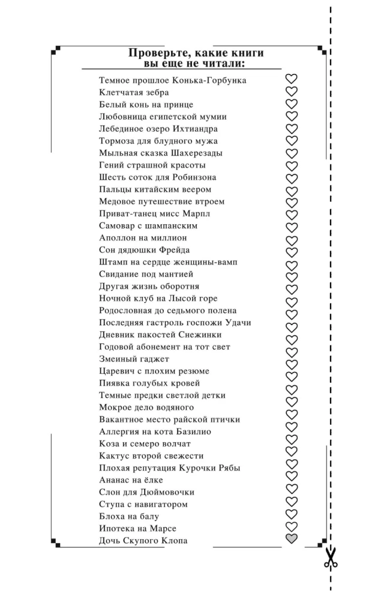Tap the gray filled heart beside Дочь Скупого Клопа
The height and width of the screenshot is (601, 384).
coord(292,539)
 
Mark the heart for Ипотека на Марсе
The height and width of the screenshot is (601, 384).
coord(292,527)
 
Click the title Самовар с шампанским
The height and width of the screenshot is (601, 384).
coord(148,226)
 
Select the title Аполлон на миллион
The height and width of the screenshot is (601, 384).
coord(143,238)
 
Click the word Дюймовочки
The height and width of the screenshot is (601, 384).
coord(166,492)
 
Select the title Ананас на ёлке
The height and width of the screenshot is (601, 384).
coord(131,480)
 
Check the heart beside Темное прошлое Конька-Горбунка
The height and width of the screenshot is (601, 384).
coord(292,79)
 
